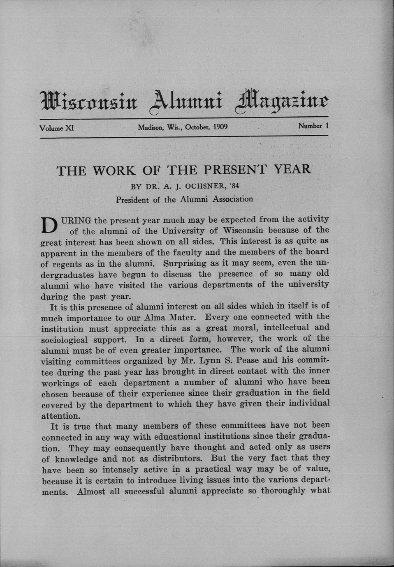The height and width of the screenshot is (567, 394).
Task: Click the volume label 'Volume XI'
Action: tap(56, 128)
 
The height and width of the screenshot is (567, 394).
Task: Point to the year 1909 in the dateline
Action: tap(220, 127)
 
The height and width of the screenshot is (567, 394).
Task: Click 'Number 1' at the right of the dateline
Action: tap(313, 126)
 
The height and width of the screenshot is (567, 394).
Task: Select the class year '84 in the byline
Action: tap(234, 186)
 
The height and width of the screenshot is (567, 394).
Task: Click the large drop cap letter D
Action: tap(49, 226)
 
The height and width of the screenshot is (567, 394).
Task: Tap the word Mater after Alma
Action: tap(184, 318)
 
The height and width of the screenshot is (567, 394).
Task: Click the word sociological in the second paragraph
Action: tap(65, 340)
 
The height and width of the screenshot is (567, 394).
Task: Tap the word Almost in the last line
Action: tap(91, 491)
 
